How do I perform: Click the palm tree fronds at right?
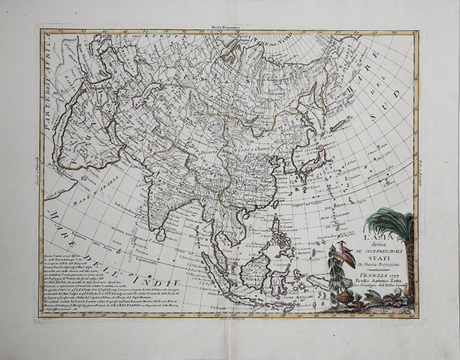[x=390, y=222]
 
